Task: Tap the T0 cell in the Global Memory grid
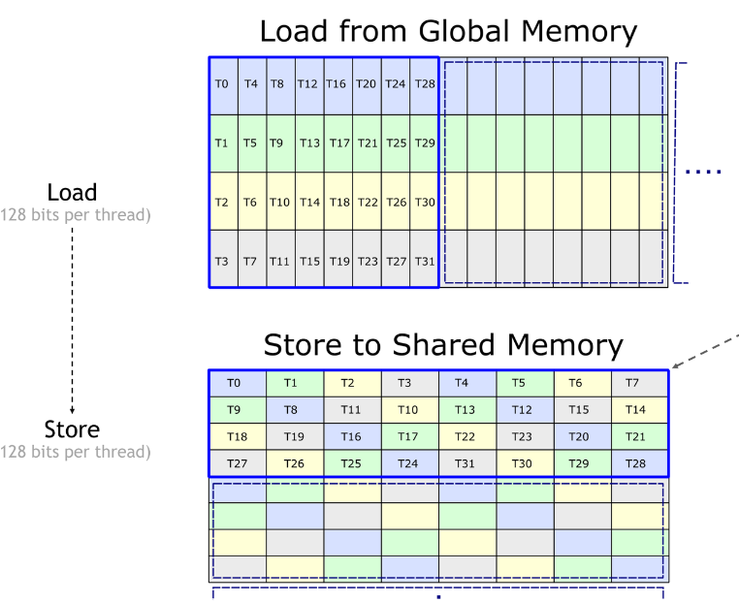click(224, 86)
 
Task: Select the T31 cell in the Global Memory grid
click(424, 259)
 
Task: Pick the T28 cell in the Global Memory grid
click(424, 86)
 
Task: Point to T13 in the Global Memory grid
click(309, 143)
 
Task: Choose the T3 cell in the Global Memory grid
click(224, 259)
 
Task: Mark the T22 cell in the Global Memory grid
click(368, 201)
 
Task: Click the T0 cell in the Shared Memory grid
click(238, 384)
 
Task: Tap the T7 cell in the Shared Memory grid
click(639, 384)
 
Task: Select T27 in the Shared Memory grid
click(238, 463)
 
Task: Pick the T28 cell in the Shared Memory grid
click(639, 463)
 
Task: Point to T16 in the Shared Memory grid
click(353, 436)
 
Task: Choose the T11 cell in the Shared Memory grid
click(353, 410)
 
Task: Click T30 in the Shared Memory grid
click(525, 463)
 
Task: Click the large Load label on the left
click(72, 192)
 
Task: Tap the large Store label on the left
click(72, 429)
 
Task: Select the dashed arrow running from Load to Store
click(72, 321)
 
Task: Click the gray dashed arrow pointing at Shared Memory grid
click(705, 351)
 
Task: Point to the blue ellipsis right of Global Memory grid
click(703, 172)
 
